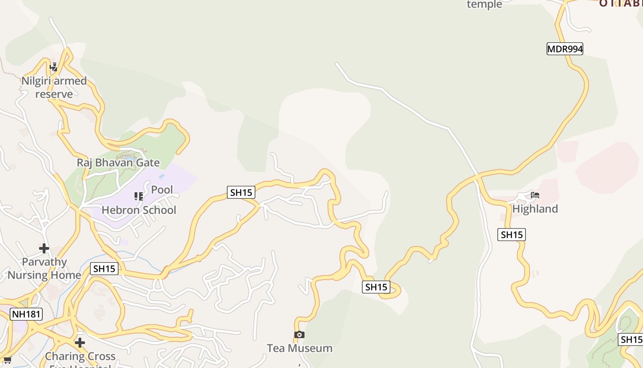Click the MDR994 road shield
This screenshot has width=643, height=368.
pyautogui.click(x=564, y=49)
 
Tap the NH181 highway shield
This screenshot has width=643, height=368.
pyautogui.click(x=26, y=315)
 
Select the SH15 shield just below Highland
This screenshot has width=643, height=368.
pyautogui.click(x=511, y=235)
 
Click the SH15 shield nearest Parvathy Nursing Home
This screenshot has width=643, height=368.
pyautogui.click(x=104, y=269)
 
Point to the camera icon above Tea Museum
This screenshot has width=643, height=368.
pyautogui.click(x=299, y=334)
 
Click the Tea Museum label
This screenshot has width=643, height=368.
pyautogui.click(x=299, y=348)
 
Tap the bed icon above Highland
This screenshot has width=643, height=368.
pyautogui.click(x=535, y=195)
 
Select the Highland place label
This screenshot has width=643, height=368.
pyautogui.click(x=535, y=209)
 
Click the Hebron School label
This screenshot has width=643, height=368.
pyautogui.click(x=139, y=210)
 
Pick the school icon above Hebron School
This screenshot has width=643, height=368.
pyautogui.click(x=138, y=196)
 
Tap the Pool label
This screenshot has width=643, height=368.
pyautogui.click(x=162, y=190)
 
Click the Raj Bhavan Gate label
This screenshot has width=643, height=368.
pyautogui.click(x=118, y=162)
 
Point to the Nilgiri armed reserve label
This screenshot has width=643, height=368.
pyautogui.click(x=54, y=87)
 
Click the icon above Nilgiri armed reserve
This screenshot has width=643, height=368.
pyautogui.click(x=54, y=67)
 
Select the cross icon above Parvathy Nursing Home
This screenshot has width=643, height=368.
pyautogui.click(x=44, y=248)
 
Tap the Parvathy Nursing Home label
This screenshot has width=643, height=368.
pyautogui.click(x=44, y=269)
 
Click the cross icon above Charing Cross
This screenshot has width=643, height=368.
pyautogui.click(x=80, y=343)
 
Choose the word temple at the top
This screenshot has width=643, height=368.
pyautogui.click(x=484, y=5)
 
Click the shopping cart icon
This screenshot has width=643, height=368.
pyautogui.click(x=7, y=360)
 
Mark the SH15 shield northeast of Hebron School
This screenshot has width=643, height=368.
pyautogui.click(x=241, y=192)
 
